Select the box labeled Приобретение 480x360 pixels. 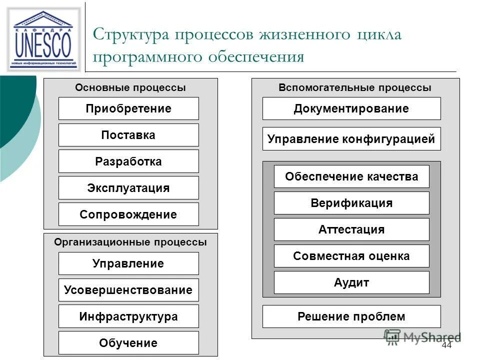pos(128,108)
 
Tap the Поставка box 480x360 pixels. pos(128,135)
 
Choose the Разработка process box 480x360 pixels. pos(128,161)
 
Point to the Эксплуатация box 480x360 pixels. pos(128,188)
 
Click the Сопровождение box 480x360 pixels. pos(128,214)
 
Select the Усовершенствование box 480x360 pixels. pos(128,290)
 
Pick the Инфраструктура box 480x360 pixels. pos(128,316)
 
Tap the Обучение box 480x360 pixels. pos(128,343)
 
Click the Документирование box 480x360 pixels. pos(351,108)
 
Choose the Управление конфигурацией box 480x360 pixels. pos(351,139)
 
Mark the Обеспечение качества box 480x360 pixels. pos(351,176)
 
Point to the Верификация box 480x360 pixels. pos(351,203)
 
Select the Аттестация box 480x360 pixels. pos(351,229)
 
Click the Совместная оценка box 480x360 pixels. pos(351,256)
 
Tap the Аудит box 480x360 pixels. pos(351,282)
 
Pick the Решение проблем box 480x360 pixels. pos(351,316)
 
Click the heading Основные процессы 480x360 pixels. pos(130,87)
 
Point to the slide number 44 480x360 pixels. pos(446,346)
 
